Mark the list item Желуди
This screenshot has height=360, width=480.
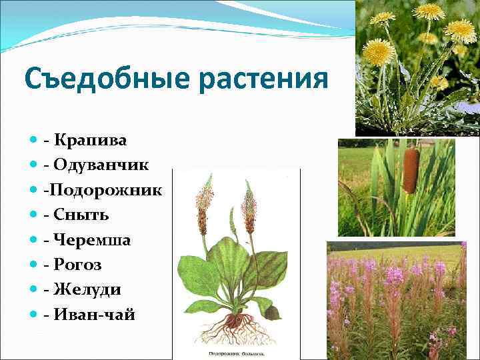pyautogui.click(x=87, y=290)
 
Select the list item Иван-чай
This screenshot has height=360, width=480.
pyautogui.click(x=95, y=315)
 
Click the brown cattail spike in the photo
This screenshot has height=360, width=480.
pyautogui.click(x=411, y=171)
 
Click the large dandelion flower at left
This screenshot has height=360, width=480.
pyautogui.click(x=378, y=51)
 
